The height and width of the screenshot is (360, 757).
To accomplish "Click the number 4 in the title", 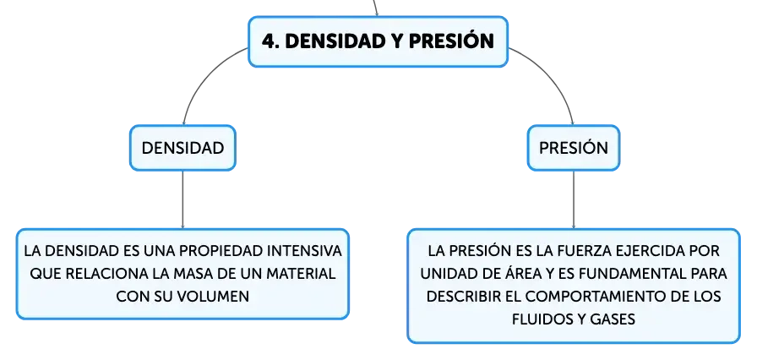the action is (269, 41).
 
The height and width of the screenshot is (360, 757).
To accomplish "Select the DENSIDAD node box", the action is (182, 148).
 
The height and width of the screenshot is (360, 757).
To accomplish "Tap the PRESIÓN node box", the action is (574, 148).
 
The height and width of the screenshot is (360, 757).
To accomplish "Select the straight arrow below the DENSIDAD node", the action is (182, 199).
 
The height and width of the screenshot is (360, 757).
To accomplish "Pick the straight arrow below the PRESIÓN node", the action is (574, 199).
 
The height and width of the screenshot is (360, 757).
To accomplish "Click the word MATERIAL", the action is (302, 274).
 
